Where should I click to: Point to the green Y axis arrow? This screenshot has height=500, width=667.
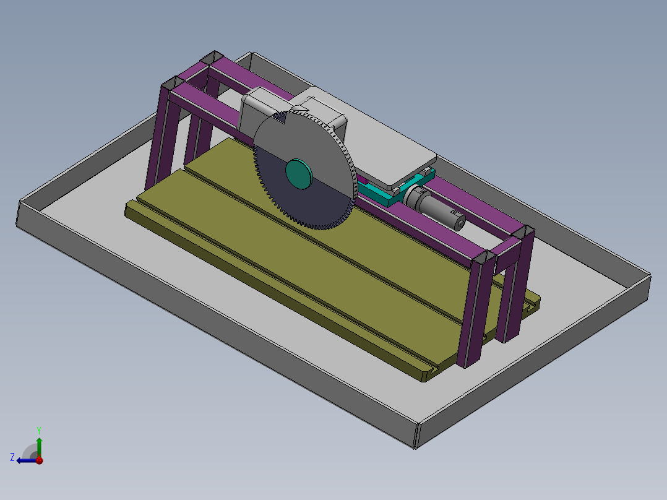(x=39, y=444)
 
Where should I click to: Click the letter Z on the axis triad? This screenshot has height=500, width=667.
(x=12, y=457)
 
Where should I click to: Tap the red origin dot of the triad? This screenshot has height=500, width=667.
(x=39, y=460)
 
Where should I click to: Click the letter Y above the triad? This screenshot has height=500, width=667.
(x=38, y=429)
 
